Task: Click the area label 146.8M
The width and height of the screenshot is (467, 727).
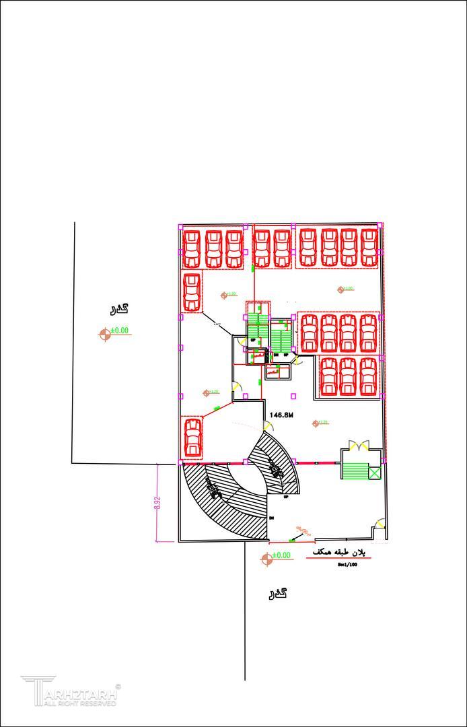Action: pyautogui.click(x=282, y=415)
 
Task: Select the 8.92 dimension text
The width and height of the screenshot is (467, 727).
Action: pyautogui.click(x=157, y=504)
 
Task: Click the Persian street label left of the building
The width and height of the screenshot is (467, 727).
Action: pyautogui.click(x=118, y=309)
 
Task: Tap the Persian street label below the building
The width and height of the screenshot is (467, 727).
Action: pyautogui.click(x=278, y=593)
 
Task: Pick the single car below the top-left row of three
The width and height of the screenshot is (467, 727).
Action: pyautogui.click(x=192, y=291)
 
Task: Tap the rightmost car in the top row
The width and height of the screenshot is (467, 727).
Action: pyautogui.click(x=369, y=248)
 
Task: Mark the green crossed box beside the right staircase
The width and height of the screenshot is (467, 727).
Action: pyautogui.click(x=374, y=473)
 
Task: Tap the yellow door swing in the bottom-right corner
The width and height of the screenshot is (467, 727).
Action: pyautogui.click(x=381, y=523)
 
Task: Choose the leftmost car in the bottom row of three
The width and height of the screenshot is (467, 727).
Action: pyautogui.click(x=329, y=376)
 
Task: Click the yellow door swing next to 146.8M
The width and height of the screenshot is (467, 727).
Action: pyautogui.click(x=273, y=427)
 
